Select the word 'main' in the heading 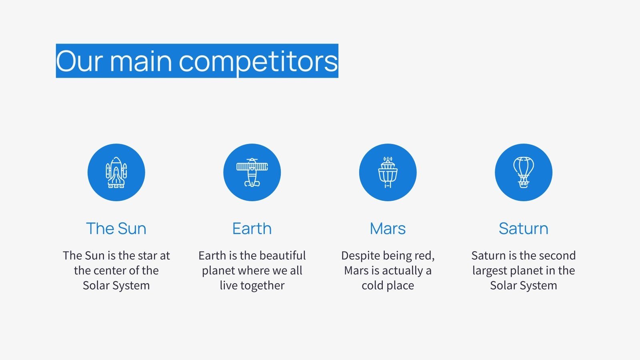(141, 61)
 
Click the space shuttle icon (116, 172)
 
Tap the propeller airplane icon (252, 172)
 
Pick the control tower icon (388, 172)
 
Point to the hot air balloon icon (524, 172)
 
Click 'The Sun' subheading (116, 228)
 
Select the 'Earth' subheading (252, 228)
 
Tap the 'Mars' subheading (388, 228)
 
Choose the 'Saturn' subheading (524, 228)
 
